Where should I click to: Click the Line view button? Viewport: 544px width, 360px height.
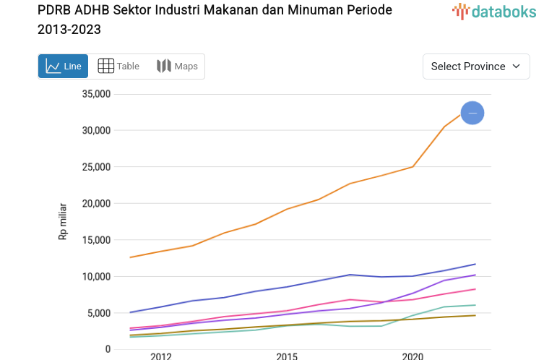tap(63, 67)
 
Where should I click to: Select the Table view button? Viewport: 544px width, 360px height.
tap(118, 67)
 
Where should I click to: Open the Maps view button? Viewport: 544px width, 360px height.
tap(177, 67)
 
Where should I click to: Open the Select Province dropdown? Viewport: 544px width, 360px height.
tap(475, 67)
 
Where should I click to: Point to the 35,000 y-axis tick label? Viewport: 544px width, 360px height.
tap(95, 94)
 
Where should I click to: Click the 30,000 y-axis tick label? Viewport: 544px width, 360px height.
tap(95, 130)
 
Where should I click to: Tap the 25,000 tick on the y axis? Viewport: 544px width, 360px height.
tap(95, 167)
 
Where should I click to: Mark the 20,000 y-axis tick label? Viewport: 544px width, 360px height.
tap(95, 204)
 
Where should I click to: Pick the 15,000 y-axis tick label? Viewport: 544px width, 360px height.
tap(95, 240)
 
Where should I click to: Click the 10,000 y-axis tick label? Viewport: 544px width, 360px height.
tap(95, 277)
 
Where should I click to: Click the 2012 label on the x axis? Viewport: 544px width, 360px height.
tap(160, 356)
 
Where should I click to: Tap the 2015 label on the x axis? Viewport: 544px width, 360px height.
tap(287, 356)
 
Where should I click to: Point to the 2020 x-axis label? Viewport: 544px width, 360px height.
tap(413, 356)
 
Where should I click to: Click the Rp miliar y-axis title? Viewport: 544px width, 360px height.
tap(63, 221)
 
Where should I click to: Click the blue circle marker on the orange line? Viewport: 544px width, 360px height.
tap(472, 113)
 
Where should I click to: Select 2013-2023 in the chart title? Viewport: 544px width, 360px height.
tap(69, 30)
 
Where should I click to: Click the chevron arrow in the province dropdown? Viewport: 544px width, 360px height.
tap(516, 67)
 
